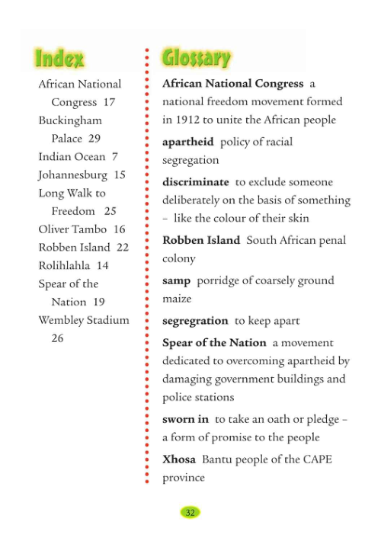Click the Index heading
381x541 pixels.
59,57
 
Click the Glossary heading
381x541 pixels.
197,57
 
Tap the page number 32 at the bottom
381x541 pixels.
190,512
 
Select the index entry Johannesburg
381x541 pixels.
71,174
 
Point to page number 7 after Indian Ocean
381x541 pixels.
115,156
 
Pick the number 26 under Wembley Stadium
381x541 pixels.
57,338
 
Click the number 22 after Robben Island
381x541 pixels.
122,247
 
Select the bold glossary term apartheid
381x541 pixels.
187,142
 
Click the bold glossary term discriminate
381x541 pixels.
195,182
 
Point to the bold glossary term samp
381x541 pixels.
176,280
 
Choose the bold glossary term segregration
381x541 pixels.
195,321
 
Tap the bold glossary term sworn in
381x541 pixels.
185,419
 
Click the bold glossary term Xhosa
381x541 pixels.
179,459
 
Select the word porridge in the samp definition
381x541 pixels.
221,280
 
